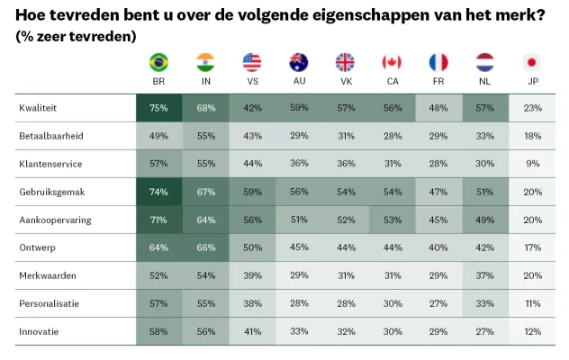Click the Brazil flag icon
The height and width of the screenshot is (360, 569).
pos(159,62)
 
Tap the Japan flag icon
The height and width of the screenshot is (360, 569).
pos(531,62)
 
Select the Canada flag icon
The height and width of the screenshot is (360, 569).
pos(392,62)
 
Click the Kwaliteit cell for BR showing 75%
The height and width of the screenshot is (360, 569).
pos(159,108)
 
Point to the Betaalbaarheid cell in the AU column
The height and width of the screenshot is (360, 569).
pos(299,137)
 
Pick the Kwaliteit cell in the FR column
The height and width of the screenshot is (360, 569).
pos(438,108)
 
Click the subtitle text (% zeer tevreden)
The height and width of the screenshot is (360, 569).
pos(77,36)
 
